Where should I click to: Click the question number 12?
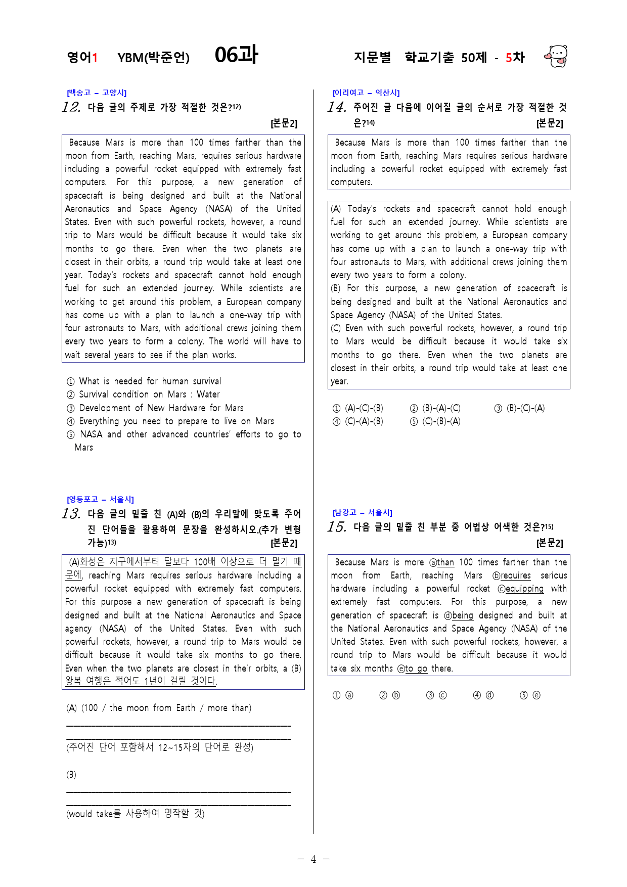click(71, 107)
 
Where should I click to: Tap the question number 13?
click(71, 514)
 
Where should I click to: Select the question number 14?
click(336, 107)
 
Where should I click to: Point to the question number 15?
click(336, 527)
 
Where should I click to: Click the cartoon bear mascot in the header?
click(556, 56)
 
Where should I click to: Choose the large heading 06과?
click(236, 55)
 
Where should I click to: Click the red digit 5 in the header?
click(509, 58)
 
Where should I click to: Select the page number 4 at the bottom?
click(313, 859)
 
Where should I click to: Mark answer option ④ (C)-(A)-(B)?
click(358, 422)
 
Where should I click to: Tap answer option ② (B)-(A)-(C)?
click(435, 409)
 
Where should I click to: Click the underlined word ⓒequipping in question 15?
click(521, 589)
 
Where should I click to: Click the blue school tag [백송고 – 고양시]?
click(97, 93)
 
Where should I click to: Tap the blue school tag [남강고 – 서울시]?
click(363, 512)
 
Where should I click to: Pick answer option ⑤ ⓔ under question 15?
click(530, 695)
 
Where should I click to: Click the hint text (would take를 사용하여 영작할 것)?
click(136, 814)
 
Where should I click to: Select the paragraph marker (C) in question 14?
click(336, 328)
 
